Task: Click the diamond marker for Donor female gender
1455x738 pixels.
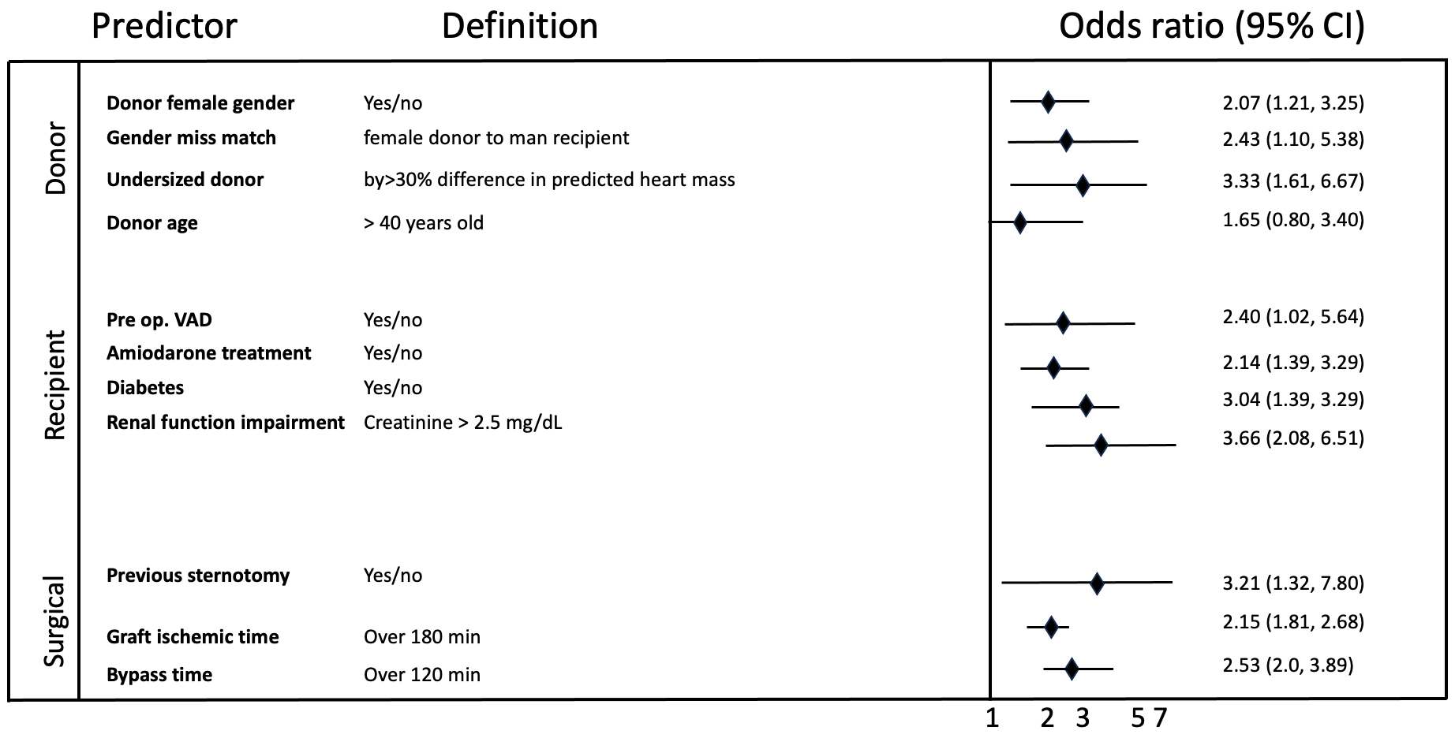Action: tap(1048, 102)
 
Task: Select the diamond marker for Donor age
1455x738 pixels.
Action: tap(1019, 222)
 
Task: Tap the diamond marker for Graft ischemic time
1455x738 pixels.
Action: tap(1050, 628)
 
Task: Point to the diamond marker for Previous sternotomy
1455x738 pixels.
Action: tap(1096, 583)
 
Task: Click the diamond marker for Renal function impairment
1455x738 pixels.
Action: tap(1101, 445)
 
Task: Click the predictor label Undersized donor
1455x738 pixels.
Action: tap(185, 180)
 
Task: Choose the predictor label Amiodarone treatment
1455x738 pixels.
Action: tap(208, 353)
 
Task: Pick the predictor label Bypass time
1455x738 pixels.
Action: tap(159, 675)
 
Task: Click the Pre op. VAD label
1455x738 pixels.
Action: tap(159, 320)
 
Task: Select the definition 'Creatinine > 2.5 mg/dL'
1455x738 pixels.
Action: tap(462, 423)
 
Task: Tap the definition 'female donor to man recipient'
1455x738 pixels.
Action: tap(496, 138)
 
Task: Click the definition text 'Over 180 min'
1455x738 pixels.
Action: tap(421, 637)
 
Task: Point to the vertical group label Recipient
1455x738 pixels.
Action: tap(54, 386)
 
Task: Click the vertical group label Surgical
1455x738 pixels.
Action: tap(54, 622)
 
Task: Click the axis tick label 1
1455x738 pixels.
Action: tap(992, 718)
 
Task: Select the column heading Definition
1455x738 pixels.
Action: tap(519, 27)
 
